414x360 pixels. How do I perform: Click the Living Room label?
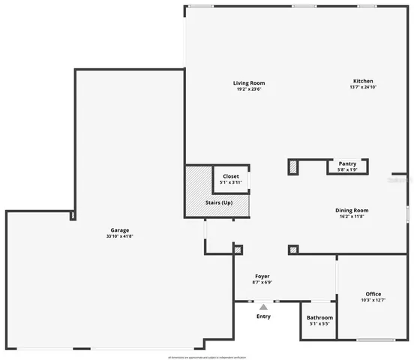click(248, 83)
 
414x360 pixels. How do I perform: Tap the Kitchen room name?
click(363, 81)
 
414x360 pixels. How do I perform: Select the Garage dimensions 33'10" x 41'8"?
click(119, 236)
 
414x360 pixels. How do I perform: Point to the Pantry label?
click(347, 163)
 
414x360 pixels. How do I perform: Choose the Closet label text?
click(231, 176)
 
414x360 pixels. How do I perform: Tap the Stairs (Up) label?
click(219, 203)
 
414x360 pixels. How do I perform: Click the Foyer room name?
click(262, 277)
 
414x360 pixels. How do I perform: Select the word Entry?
click(263, 316)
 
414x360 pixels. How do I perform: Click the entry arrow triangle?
click(263, 306)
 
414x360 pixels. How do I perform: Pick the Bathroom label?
click(320, 318)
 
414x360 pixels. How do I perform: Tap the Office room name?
click(373, 294)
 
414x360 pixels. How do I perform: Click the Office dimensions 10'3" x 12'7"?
click(373, 301)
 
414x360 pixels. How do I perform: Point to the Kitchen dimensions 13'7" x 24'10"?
click(363, 88)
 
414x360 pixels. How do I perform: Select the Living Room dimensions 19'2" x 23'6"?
click(248, 90)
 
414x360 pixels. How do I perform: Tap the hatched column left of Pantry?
click(294, 166)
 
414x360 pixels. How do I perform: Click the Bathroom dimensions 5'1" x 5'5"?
click(320, 325)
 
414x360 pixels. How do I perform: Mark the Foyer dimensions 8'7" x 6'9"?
click(262, 283)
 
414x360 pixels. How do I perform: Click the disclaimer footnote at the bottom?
click(207, 356)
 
